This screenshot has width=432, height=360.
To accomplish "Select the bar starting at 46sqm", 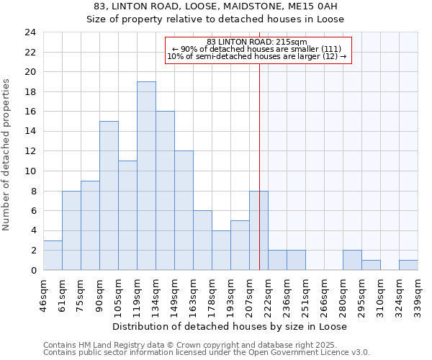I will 53,255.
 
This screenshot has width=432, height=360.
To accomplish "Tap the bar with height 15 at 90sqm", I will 109,195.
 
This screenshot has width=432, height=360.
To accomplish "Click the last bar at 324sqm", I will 408,265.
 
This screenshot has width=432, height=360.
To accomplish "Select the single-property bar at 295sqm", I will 371,265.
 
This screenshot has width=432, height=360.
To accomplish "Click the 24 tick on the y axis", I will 30,32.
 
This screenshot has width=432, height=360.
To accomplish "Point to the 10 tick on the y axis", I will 30,171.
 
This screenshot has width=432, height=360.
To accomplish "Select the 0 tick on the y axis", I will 33,270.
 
